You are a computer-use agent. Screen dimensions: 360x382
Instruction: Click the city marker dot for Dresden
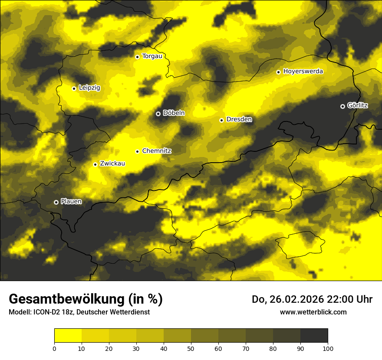pos(221,120)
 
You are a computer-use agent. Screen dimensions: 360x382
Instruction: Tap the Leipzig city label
pos(89,88)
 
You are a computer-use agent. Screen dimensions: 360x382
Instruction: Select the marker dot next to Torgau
pos(137,57)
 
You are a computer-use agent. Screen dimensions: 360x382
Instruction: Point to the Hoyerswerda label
pos(303,71)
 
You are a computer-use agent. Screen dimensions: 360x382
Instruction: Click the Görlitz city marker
pos(342,106)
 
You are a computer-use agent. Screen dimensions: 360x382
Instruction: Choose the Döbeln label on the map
pos(174,113)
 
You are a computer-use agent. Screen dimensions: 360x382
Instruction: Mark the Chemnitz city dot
pos(137,151)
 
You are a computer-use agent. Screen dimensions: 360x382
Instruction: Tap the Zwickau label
pos(112,164)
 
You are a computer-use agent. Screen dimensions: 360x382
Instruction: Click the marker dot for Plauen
pos(56,202)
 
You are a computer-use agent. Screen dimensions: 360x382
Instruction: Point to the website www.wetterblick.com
pos(313,312)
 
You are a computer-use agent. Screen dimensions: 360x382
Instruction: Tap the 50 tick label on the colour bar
pos(191,348)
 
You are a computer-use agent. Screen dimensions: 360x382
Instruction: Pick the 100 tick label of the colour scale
pos(328,348)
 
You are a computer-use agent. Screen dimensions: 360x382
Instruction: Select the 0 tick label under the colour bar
pos(54,348)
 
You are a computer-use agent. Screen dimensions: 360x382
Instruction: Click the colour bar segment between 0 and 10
pos(68,336)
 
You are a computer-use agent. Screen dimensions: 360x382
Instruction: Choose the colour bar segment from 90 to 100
pos(314,336)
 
